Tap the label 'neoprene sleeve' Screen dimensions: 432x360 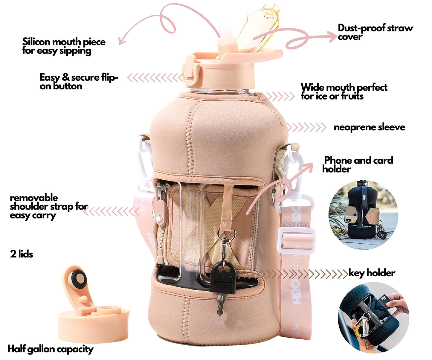[x=369, y=127]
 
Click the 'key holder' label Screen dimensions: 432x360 [x=372, y=273]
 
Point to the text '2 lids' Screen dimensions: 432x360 [x=22, y=254]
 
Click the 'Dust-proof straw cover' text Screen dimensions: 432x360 [x=375, y=32]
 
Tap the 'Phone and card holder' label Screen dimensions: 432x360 [x=358, y=164]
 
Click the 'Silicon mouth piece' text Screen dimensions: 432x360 [x=64, y=42]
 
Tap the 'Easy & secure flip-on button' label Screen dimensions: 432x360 [x=79, y=82]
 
